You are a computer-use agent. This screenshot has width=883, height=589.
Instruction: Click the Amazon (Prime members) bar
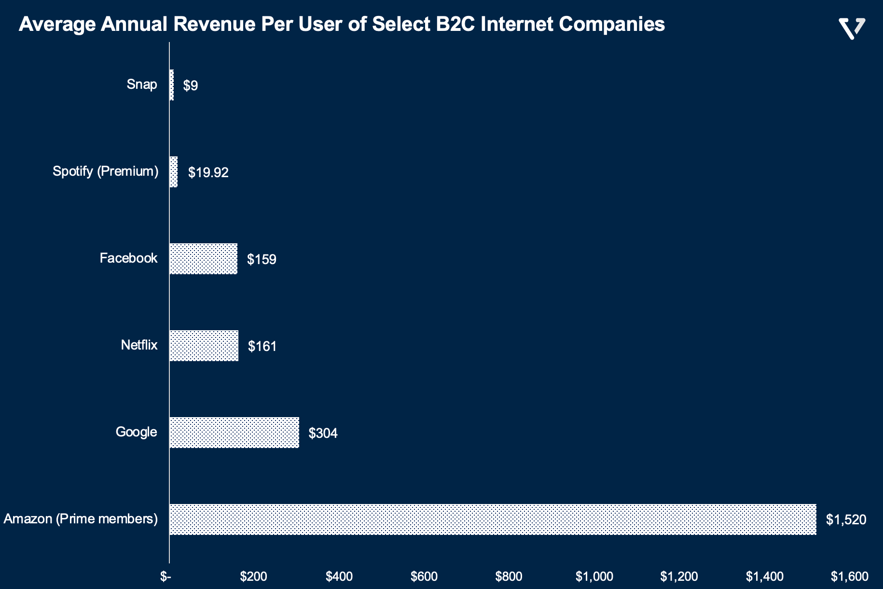(x=492, y=519)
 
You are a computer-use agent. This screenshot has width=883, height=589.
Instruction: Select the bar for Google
(x=234, y=433)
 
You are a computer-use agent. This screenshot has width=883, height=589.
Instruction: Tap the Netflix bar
(x=204, y=346)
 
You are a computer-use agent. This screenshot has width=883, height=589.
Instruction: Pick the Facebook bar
(x=203, y=259)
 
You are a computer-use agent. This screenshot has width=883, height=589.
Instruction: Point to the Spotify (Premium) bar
(x=174, y=172)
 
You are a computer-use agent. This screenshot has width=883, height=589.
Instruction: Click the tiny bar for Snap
(x=172, y=85)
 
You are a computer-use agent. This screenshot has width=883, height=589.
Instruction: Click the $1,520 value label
(x=846, y=519)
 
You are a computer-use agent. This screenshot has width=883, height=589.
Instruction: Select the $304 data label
(x=323, y=433)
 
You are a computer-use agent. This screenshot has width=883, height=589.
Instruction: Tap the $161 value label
(x=262, y=346)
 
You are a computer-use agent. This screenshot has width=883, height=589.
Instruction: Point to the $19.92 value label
(x=208, y=172)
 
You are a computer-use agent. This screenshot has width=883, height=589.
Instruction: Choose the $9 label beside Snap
(x=191, y=85)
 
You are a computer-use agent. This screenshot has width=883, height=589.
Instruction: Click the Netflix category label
(x=139, y=345)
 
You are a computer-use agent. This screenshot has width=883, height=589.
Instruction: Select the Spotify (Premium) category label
(x=105, y=171)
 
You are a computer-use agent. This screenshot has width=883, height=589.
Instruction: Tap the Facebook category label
(x=128, y=258)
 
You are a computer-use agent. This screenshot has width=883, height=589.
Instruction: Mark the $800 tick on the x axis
(x=509, y=576)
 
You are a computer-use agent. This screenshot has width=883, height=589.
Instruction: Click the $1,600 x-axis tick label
(x=849, y=576)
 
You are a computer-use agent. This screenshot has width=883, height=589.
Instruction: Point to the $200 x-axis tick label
(x=254, y=576)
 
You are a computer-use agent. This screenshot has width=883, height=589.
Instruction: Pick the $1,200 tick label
(x=679, y=576)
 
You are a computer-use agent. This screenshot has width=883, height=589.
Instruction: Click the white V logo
(x=852, y=28)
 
